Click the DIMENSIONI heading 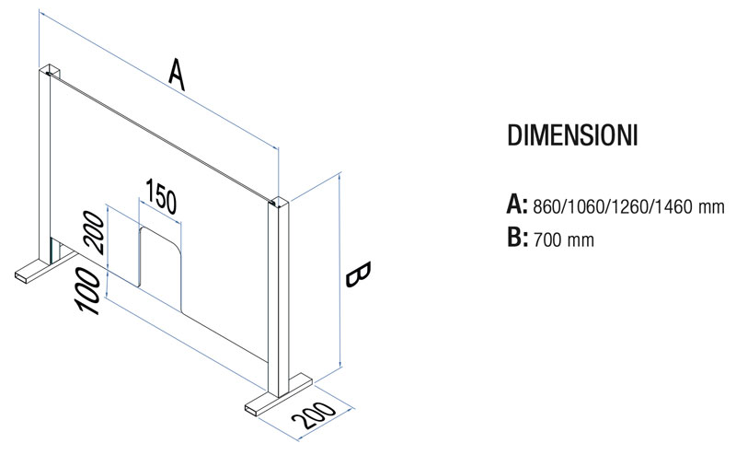(x=572, y=135)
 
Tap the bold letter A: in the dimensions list (x=517, y=204)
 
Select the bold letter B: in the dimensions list (x=517, y=238)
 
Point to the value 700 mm (x=564, y=239)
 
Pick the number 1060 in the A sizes (x=585, y=206)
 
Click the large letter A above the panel (x=177, y=74)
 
